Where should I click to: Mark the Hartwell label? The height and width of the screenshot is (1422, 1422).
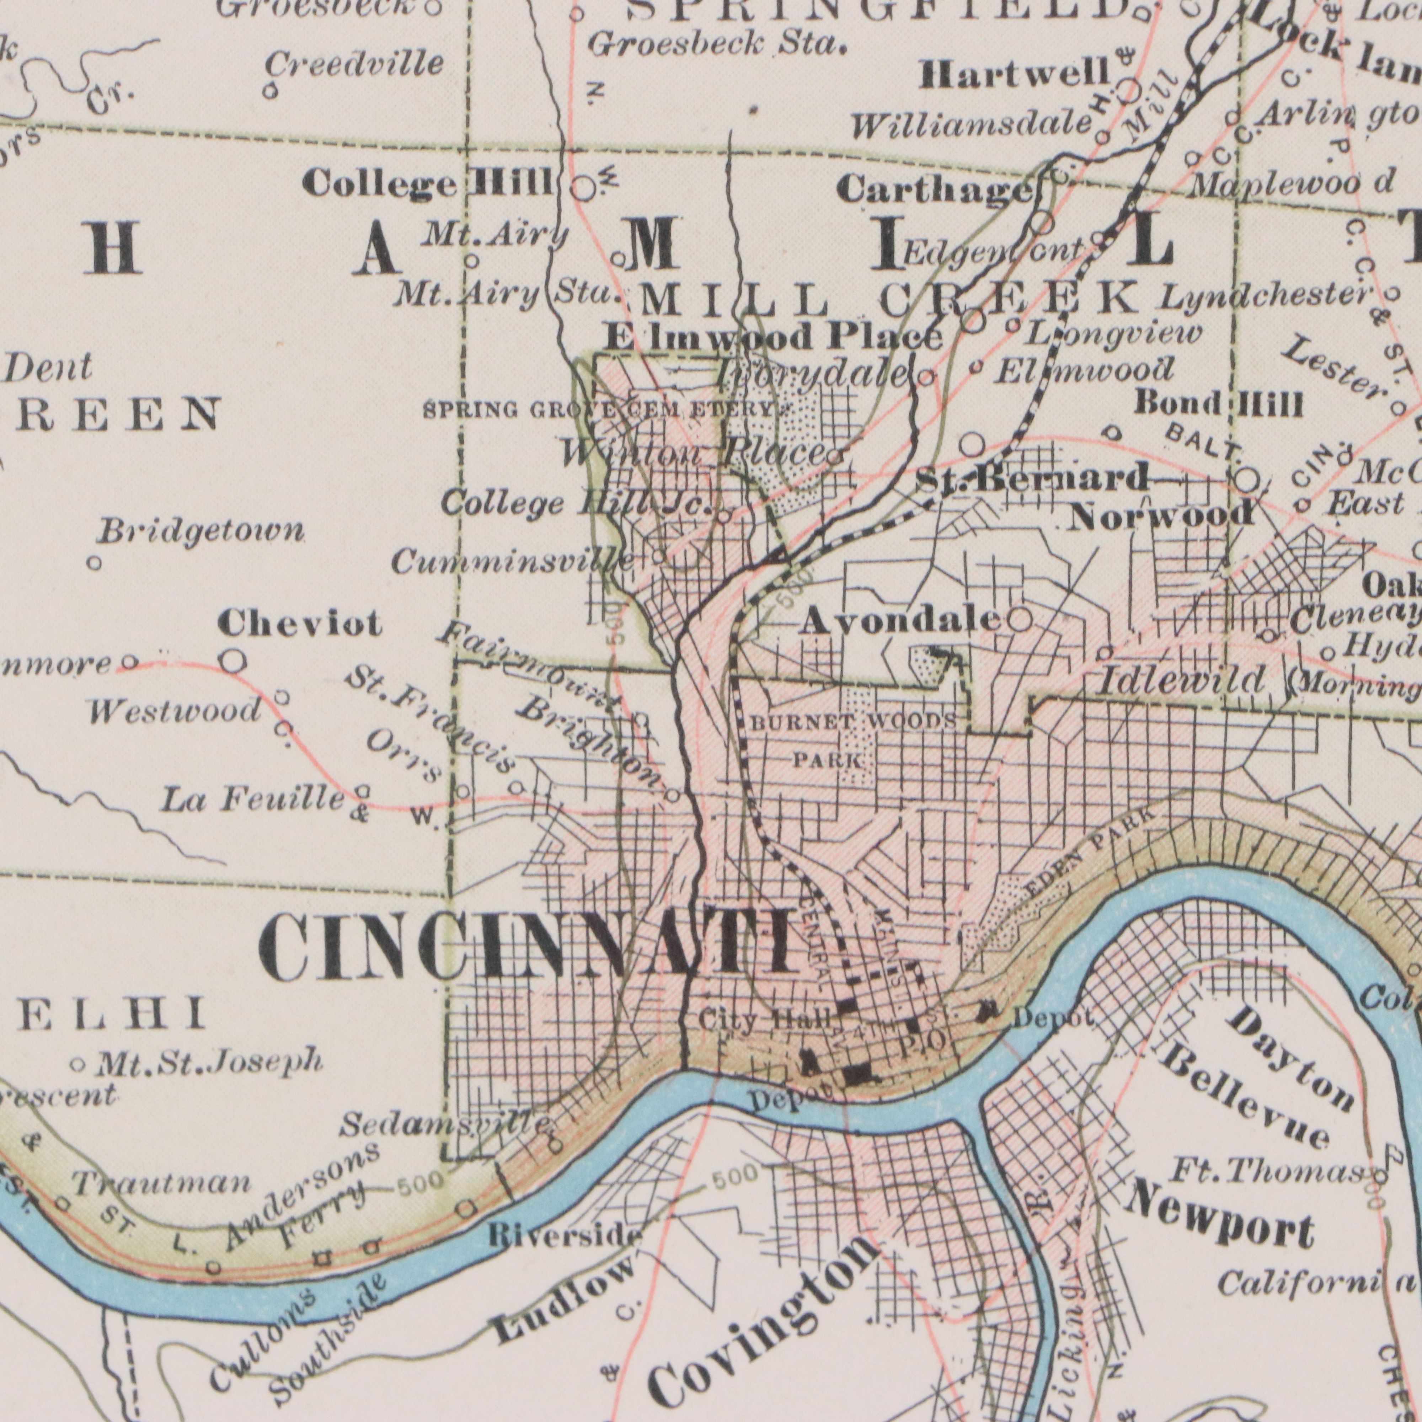click(x=1014, y=74)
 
